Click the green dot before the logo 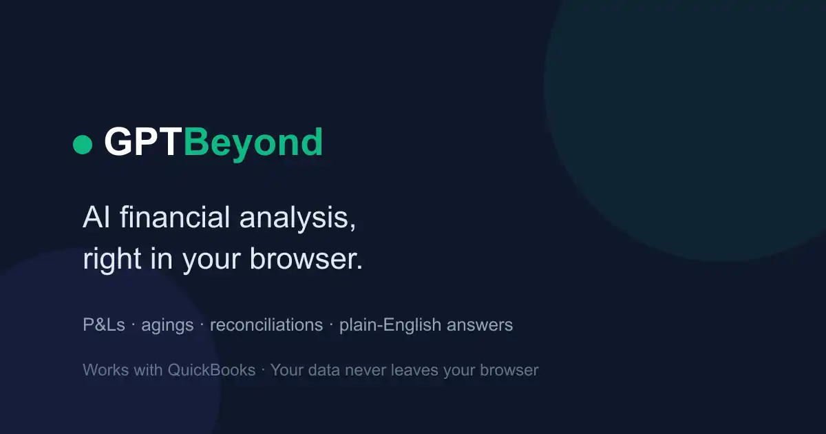coord(83,144)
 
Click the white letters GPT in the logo coord(143,142)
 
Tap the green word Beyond coord(253,145)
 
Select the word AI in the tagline coord(96,217)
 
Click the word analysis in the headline coord(297,219)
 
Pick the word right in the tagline coord(112,260)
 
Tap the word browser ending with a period coord(306,258)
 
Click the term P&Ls coord(104,324)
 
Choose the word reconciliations coord(266,324)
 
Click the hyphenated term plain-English coord(390,326)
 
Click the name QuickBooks coord(212,370)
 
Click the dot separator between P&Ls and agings coord(133,325)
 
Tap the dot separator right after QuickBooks coord(263,370)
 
